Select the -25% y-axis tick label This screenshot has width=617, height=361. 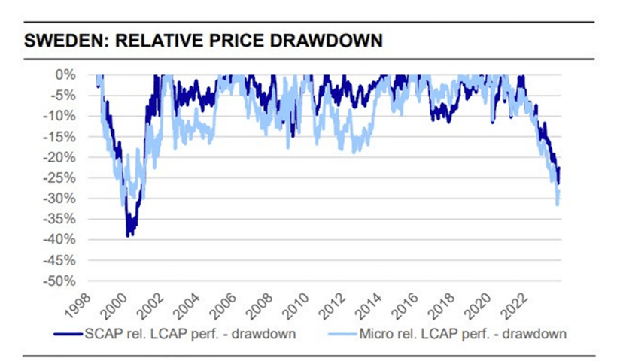pyautogui.click(x=61, y=178)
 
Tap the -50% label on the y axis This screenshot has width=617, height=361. pyautogui.click(x=61, y=281)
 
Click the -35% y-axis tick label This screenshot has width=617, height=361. pyautogui.click(x=61, y=220)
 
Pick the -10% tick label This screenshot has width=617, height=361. pyautogui.click(x=61, y=116)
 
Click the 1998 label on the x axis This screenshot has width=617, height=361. pyautogui.click(x=83, y=303)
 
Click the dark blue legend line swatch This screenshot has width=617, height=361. pyautogui.click(x=68, y=332)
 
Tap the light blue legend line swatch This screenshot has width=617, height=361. pyautogui.click(x=346, y=332)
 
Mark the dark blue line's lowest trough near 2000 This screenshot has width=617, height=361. pyautogui.click(x=128, y=235)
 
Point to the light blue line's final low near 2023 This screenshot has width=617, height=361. pyautogui.click(x=558, y=204)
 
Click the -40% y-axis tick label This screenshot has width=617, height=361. pyautogui.click(x=61, y=240)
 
